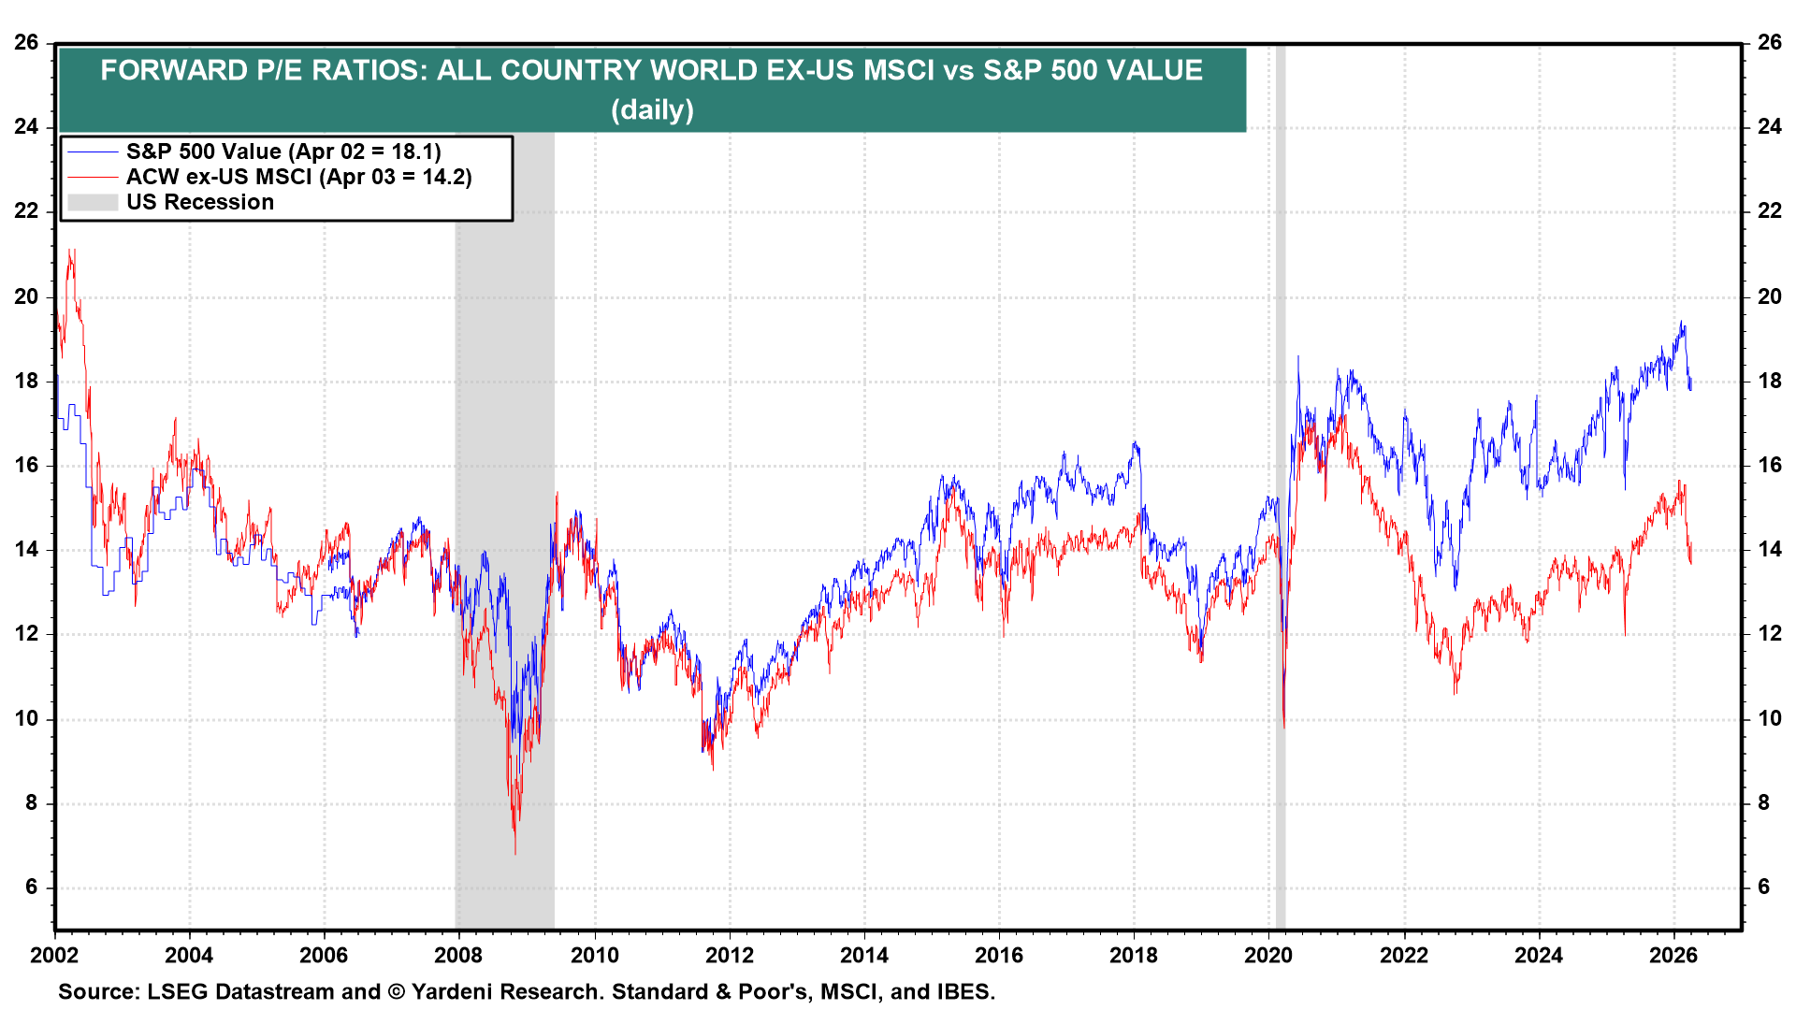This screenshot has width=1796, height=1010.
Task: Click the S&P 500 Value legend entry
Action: [282, 151]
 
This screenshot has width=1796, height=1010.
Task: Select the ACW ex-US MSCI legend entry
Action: [297, 177]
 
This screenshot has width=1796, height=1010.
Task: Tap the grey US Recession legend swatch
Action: [93, 202]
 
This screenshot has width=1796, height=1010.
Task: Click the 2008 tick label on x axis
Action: [458, 955]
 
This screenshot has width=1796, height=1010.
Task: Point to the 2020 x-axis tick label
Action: [1268, 955]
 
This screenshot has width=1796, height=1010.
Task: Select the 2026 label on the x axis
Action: [1673, 955]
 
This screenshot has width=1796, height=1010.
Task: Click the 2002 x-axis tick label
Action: [54, 955]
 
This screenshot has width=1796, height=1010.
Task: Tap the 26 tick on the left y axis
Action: [26, 42]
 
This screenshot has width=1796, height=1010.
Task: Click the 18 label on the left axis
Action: [26, 381]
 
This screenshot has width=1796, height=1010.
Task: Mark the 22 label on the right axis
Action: [1769, 211]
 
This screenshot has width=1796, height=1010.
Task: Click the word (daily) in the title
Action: [652, 109]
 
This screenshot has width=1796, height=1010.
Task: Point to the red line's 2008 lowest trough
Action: [514, 852]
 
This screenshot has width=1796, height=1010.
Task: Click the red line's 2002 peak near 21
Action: [70, 251]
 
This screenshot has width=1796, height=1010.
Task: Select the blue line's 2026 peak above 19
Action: [1682, 323]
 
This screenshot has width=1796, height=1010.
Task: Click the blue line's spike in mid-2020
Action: [1297, 357]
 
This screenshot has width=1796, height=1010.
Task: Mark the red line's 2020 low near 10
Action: [1284, 727]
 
